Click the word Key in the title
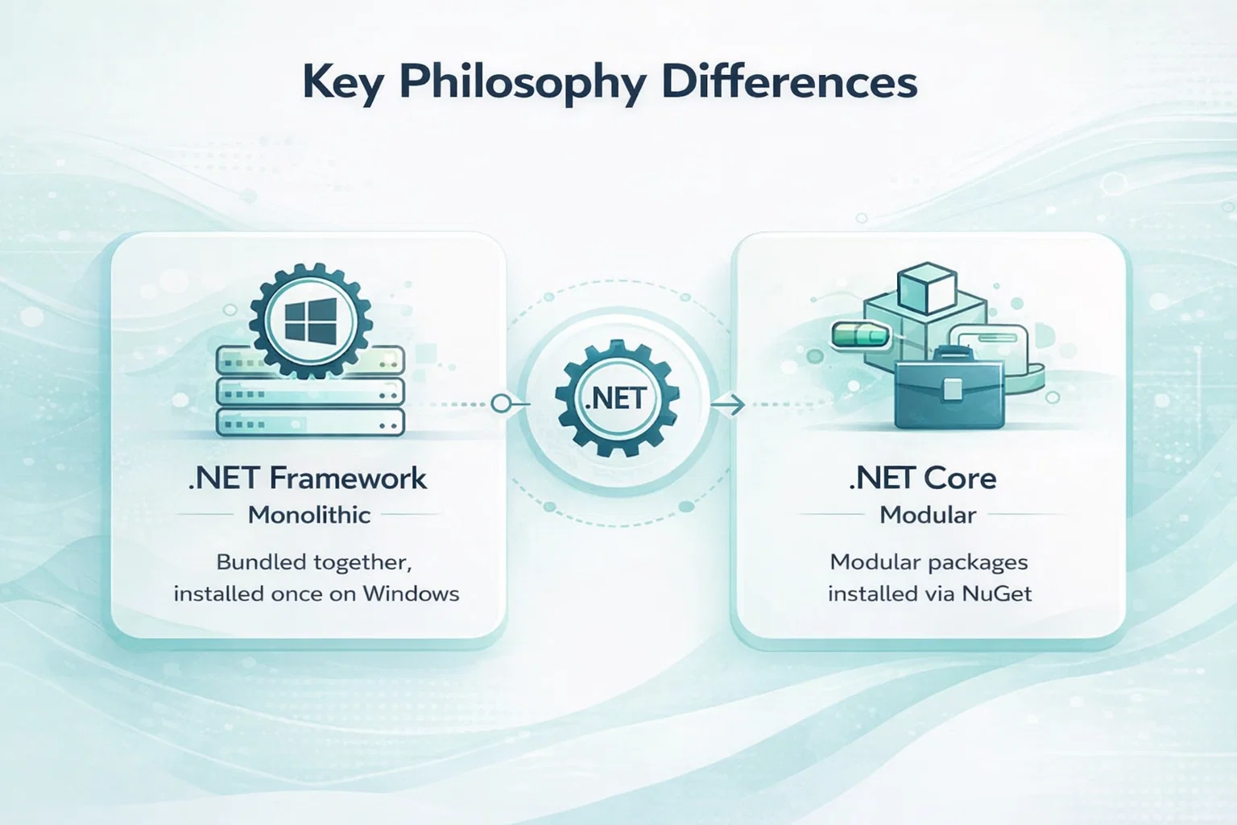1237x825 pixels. [x=342, y=84]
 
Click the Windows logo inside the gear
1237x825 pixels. [x=310, y=320]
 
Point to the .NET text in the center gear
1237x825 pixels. [x=617, y=399]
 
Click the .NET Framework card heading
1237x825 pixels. [x=308, y=478]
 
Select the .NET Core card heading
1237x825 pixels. [x=924, y=478]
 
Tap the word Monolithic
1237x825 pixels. [x=309, y=515]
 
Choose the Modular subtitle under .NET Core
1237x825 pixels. [x=928, y=515]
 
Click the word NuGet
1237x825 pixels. [x=997, y=594]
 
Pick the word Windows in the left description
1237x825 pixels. [x=411, y=594]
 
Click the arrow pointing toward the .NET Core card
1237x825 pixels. [x=728, y=405]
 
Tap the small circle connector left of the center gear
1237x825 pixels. [x=501, y=404]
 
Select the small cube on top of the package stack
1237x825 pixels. [x=928, y=288]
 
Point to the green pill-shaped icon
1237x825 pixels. [x=861, y=335]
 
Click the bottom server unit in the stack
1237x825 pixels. [x=310, y=423]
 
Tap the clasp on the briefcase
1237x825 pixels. [x=952, y=388]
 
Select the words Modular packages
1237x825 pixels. [x=929, y=562]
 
